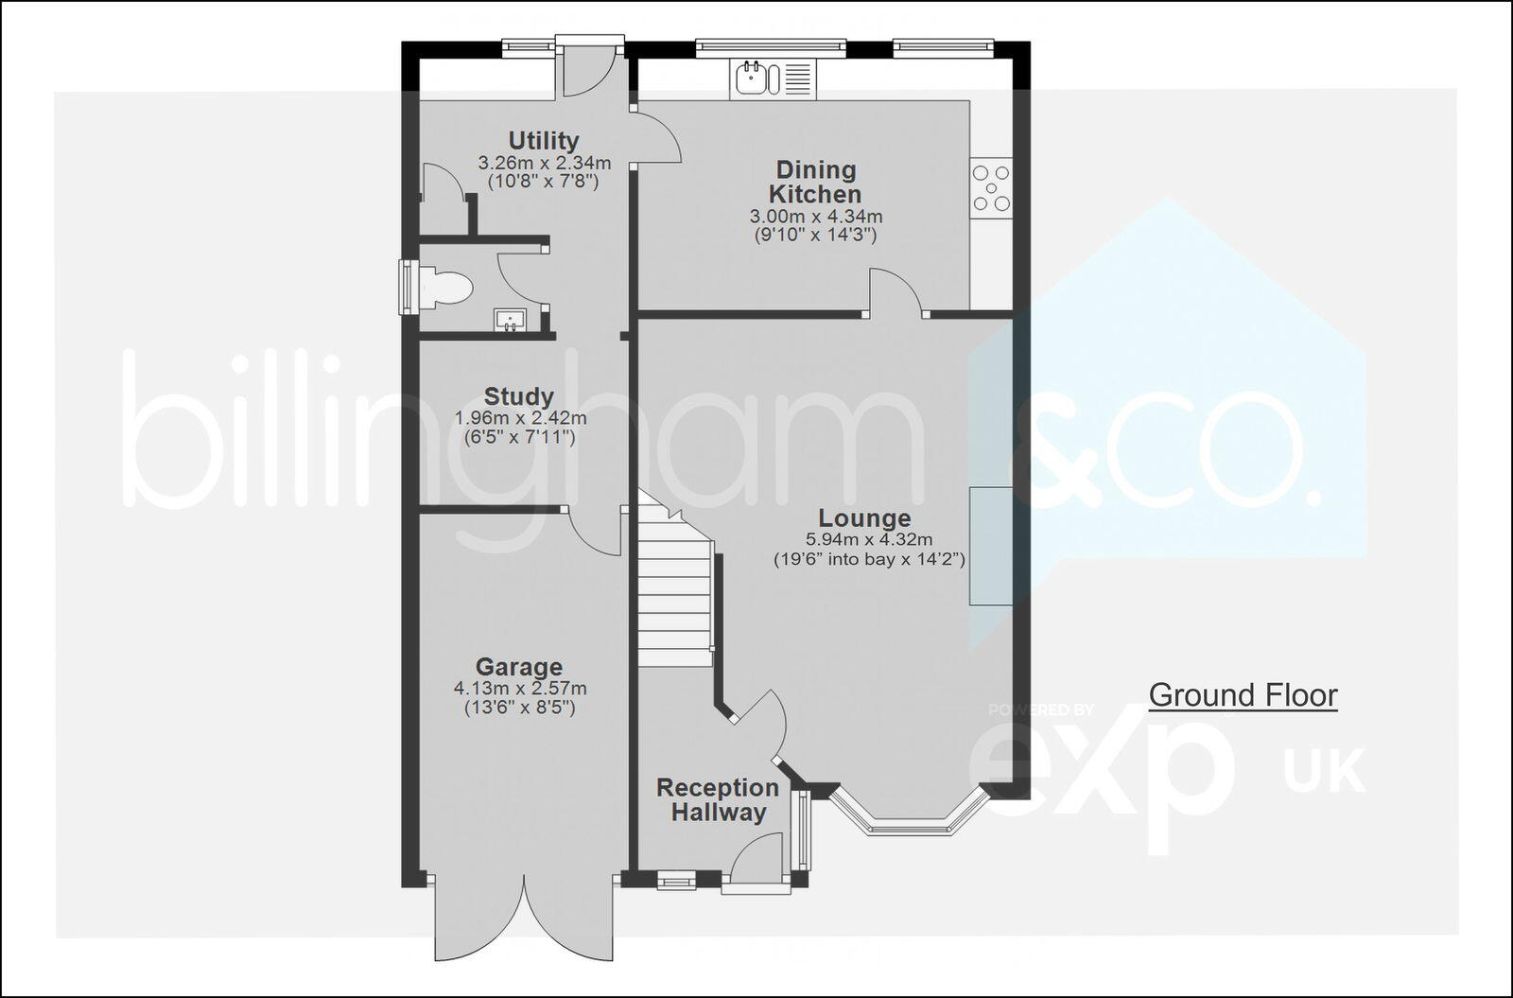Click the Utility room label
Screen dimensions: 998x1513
point(543,141)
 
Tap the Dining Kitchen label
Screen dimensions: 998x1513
point(815,182)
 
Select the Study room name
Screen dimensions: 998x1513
point(518,396)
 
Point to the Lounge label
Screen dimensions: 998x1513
point(864,518)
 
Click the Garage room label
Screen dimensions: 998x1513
point(518,667)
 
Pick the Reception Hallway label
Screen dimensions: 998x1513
point(718,799)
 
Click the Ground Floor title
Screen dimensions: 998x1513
point(1243,695)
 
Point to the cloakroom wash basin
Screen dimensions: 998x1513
point(510,321)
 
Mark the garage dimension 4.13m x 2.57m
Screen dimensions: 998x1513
point(519,689)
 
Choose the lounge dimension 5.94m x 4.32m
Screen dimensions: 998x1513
point(870,539)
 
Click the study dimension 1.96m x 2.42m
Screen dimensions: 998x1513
point(520,418)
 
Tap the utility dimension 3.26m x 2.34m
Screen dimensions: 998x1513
point(544,162)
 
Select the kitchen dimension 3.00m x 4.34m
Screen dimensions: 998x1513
point(815,217)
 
